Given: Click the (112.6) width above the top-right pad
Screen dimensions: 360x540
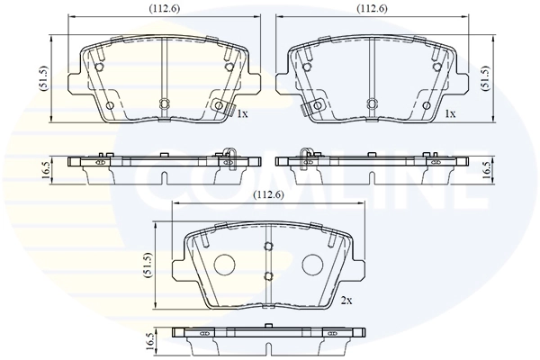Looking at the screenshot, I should pyautogui.click(x=371, y=9).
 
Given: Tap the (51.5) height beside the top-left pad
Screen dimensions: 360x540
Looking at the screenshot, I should pyautogui.click(x=42, y=78).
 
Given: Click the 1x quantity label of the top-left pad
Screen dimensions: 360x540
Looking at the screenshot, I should pyautogui.click(x=242, y=114).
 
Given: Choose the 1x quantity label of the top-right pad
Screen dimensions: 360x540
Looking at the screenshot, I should pyautogui.click(x=450, y=114).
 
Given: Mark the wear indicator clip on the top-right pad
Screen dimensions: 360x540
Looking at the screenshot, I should pyautogui.click(x=312, y=107).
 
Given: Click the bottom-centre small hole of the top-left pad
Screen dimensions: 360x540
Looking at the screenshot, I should pyautogui.click(x=164, y=103).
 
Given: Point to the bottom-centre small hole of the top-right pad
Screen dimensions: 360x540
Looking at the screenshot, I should pyautogui.click(x=370, y=103).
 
